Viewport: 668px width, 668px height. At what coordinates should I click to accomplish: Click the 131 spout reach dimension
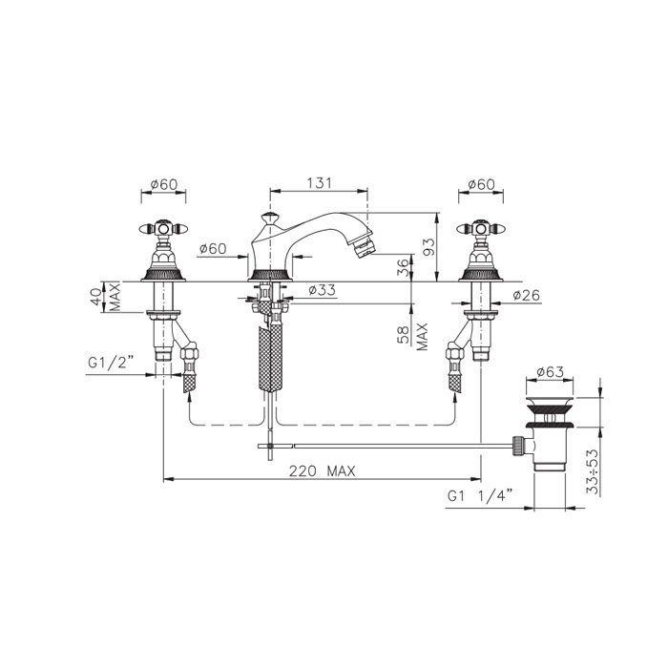click(x=319, y=183)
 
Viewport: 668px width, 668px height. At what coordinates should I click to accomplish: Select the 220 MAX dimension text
click(x=323, y=471)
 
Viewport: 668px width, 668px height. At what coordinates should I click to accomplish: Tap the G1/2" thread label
click(x=111, y=363)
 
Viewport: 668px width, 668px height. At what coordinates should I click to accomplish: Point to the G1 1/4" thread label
click(x=479, y=496)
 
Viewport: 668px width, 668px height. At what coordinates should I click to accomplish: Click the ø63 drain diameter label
click(x=550, y=372)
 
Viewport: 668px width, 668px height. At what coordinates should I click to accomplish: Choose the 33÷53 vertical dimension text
click(x=593, y=471)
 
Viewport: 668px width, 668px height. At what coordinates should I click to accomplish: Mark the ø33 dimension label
click(x=323, y=290)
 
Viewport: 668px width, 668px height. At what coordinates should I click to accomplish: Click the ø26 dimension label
click(x=526, y=295)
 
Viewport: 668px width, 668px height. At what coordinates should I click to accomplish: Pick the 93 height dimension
click(x=429, y=246)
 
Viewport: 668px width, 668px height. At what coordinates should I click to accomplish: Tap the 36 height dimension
click(x=403, y=268)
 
